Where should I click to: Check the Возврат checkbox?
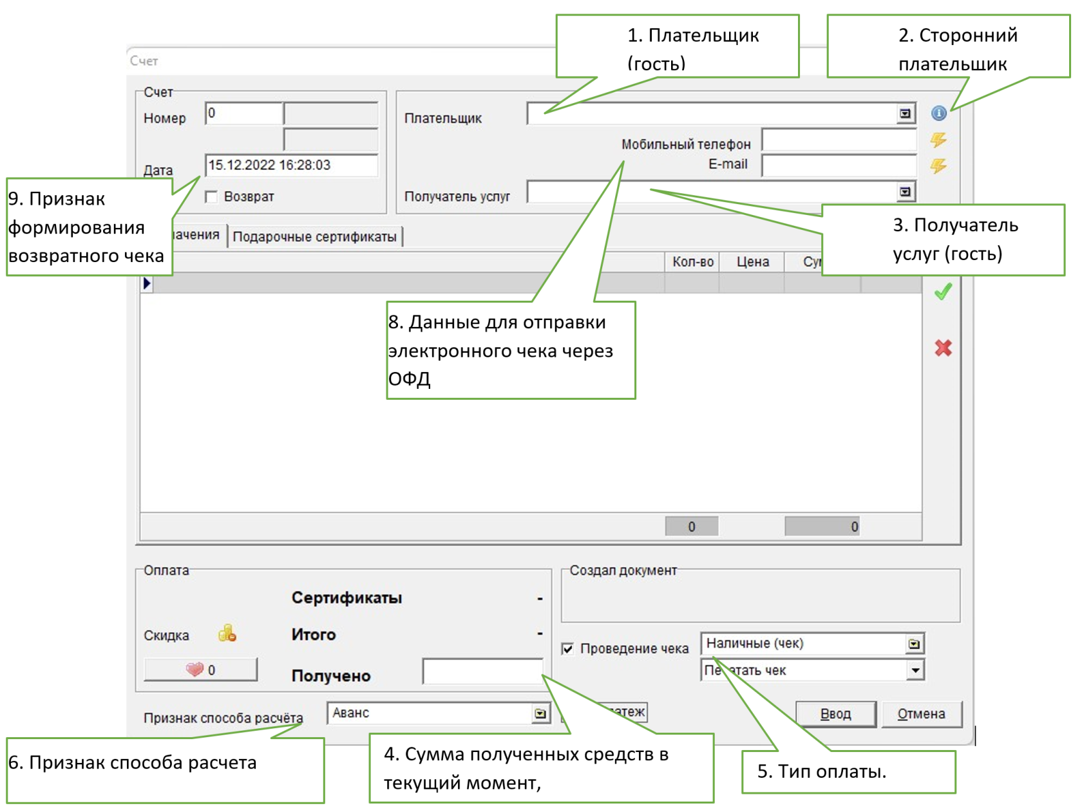tap(211, 196)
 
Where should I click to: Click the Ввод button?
tap(835, 713)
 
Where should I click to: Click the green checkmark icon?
tap(943, 292)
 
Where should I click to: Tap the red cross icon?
tap(943, 348)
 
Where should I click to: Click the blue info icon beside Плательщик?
tap(938, 113)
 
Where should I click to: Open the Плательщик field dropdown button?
tap(905, 114)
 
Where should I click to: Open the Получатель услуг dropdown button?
tap(905, 192)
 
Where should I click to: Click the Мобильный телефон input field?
tap(839, 140)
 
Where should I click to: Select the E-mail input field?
tap(839, 165)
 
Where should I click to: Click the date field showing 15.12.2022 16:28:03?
tap(291, 165)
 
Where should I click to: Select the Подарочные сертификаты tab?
tap(314, 236)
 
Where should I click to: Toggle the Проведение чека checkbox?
tap(567, 648)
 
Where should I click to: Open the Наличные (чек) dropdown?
tap(914, 644)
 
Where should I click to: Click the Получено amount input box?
tap(482, 672)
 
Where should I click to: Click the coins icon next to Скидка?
tap(227, 634)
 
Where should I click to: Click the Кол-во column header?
tap(692, 261)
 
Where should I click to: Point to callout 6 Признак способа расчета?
tap(165, 769)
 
